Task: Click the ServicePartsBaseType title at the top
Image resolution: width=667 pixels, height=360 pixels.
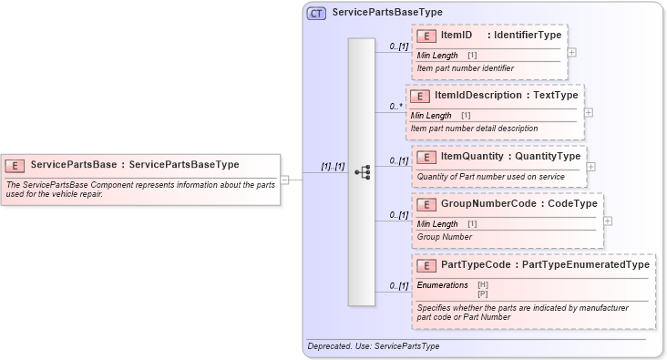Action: (x=386, y=14)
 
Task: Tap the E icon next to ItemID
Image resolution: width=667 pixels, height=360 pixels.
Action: (x=426, y=36)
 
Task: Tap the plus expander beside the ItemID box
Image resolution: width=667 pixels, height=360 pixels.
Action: (x=571, y=52)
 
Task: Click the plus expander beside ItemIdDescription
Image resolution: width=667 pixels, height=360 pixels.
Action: (x=588, y=112)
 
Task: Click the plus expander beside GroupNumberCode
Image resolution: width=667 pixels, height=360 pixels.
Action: (x=608, y=221)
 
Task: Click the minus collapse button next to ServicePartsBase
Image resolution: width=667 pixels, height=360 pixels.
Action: (x=284, y=180)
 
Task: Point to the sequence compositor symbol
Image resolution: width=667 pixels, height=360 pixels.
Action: (x=362, y=171)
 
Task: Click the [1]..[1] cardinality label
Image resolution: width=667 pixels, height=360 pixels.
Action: (x=333, y=167)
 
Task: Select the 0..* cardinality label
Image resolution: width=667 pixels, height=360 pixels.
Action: (x=396, y=107)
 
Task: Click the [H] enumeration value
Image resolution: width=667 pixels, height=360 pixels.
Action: (x=482, y=285)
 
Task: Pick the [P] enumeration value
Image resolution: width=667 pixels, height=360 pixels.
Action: (x=482, y=293)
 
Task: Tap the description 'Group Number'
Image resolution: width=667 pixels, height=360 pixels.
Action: (x=444, y=237)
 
